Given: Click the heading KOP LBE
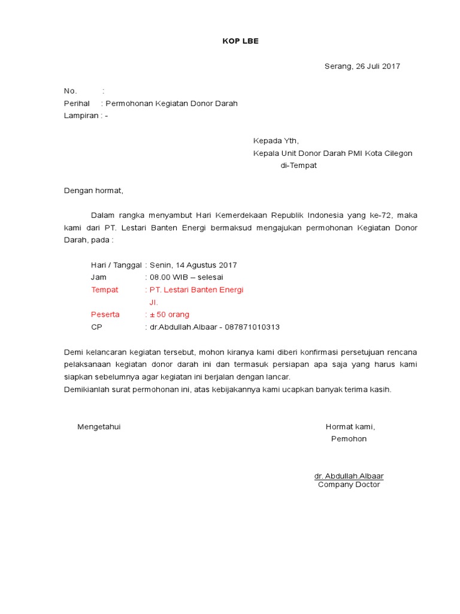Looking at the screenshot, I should (237, 41).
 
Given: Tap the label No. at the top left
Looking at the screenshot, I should (71, 91).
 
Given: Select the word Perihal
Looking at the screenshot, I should (77, 104).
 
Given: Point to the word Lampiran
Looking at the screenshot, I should (81, 116).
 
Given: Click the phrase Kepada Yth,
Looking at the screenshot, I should (276, 141).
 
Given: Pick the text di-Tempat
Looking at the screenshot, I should (299, 166).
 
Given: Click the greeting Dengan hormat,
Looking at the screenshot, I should (93, 191).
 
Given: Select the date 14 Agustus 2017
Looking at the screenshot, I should (204, 265).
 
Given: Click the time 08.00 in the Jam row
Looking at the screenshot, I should (160, 278).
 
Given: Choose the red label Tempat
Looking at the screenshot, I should (104, 290).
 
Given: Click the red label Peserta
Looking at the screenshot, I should (105, 315).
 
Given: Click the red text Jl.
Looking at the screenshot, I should (153, 303).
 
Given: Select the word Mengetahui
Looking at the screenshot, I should (99, 427).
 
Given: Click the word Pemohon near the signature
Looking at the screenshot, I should (349, 439).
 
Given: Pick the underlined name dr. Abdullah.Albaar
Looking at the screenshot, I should (349, 476).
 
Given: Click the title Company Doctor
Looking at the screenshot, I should (349, 484).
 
